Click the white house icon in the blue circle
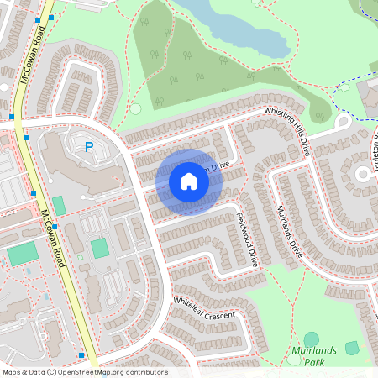tap(189, 181)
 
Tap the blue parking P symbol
tap(89, 148)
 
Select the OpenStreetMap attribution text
tap(85, 372)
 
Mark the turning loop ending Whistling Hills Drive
tap(343, 123)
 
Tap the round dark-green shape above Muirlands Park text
tap(312, 339)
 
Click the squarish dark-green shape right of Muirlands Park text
tap(352, 348)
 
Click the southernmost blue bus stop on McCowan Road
tap(81, 354)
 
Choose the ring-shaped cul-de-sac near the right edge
tap(364, 175)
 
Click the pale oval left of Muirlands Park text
tap(293, 360)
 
